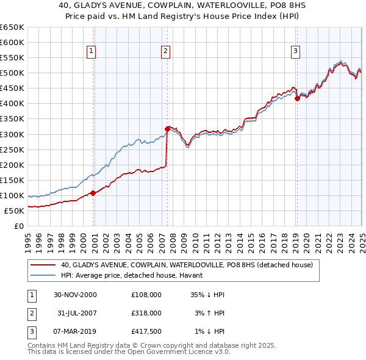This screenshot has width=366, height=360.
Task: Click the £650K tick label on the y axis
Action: (x=12, y=27)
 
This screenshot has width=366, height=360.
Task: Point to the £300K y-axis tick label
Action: (x=12, y=134)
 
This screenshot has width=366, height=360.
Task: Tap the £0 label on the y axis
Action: (x=19, y=226)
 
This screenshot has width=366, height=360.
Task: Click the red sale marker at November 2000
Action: (x=93, y=193)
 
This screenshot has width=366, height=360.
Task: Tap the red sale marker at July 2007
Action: (x=167, y=128)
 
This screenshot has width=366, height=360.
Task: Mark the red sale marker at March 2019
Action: (x=297, y=98)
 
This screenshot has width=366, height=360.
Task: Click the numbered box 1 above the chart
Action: (x=91, y=52)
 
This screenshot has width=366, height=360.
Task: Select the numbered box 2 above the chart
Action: (x=165, y=52)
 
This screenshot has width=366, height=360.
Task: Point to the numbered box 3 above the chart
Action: (x=295, y=52)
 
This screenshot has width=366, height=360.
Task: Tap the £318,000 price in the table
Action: (x=146, y=312)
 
